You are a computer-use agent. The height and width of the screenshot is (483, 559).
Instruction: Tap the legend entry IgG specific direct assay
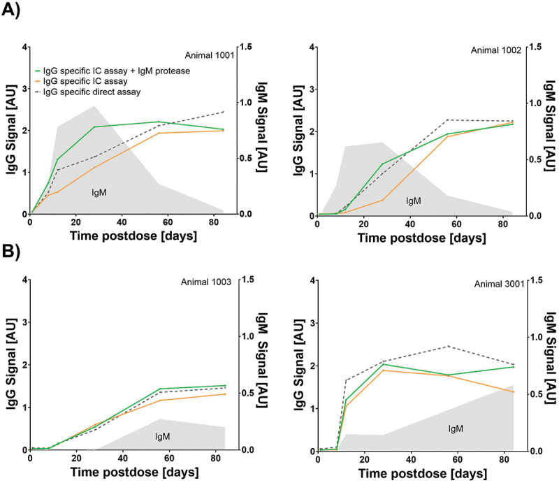[92, 92]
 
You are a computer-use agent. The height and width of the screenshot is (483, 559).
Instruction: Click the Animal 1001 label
[209, 55]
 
